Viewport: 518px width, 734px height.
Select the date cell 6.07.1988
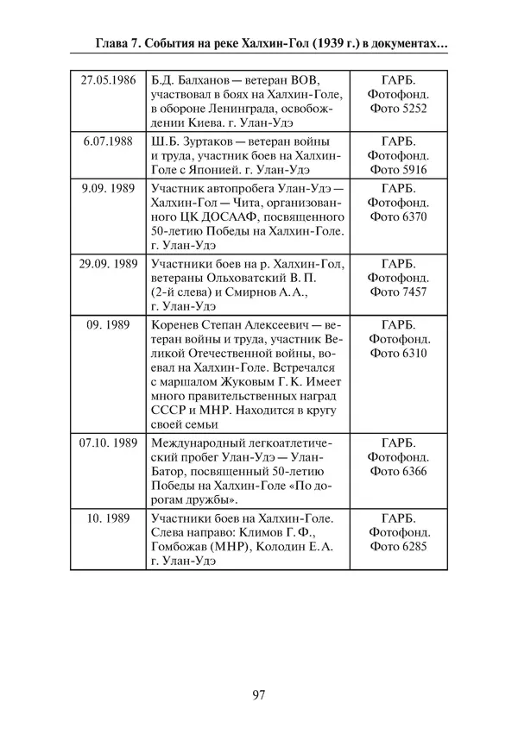pos(107,141)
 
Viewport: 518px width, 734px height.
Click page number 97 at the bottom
pos(260,695)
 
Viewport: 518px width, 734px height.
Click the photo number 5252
pos(409,109)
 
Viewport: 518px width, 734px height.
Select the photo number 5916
pos(409,170)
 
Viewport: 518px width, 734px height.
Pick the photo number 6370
pos(409,216)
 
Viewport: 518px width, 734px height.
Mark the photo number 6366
pos(409,473)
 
